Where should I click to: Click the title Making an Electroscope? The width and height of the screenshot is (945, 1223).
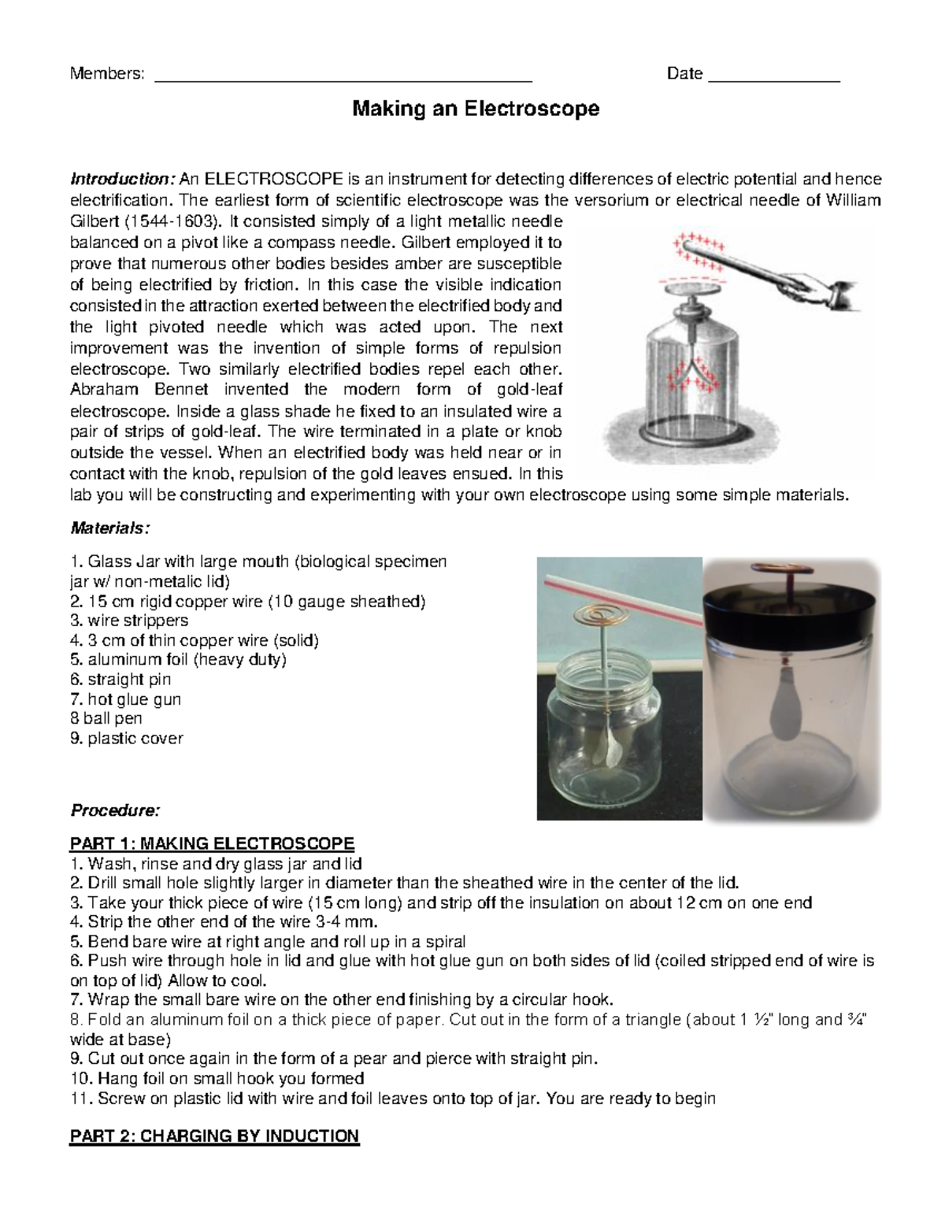pyautogui.click(x=475, y=109)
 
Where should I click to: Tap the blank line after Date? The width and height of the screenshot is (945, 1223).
pyautogui.click(x=774, y=79)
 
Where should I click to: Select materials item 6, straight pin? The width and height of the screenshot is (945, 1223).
pyautogui.click(x=120, y=679)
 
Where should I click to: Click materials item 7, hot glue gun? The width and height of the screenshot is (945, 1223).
pyautogui.click(x=126, y=699)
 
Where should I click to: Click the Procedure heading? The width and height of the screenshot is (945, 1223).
pyautogui.click(x=115, y=810)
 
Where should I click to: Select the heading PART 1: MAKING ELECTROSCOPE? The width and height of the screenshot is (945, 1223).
pyautogui.click(x=213, y=843)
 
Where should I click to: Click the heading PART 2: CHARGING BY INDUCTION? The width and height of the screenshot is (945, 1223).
pyautogui.click(x=214, y=1136)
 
